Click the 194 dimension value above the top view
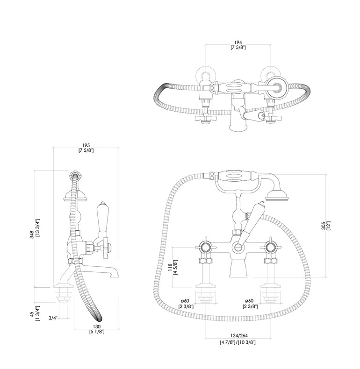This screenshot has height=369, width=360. tap(238, 43)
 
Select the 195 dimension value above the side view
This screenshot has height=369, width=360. tap(86, 146)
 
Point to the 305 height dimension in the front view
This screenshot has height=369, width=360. tap(323, 226)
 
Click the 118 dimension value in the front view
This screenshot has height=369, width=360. tap(170, 267)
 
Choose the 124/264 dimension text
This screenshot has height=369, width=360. tap(238, 335)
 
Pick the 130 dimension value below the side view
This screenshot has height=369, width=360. tap(97, 326)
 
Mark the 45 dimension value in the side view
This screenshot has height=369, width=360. tap(32, 314)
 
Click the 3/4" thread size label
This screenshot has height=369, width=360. tap(53, 318)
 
